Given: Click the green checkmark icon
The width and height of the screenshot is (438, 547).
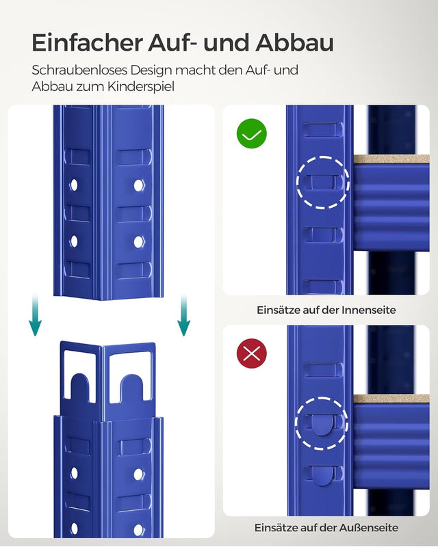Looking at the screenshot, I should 252,133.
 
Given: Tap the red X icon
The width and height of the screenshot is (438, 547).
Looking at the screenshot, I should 252,353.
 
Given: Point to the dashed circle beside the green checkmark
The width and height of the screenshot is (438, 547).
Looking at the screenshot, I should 323,183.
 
